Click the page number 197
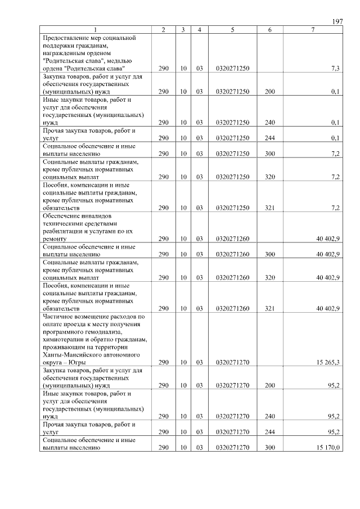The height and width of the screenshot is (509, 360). [x=337, y=21]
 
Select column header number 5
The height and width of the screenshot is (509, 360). [x=232, y=30]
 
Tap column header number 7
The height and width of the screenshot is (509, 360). [x=313, y=30]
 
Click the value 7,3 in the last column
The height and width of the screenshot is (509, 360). [x=335, y=68]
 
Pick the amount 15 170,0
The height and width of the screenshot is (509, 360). [x=328, y=448]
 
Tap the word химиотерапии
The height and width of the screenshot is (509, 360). [x=64, y=340]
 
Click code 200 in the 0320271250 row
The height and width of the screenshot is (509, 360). [x=270, y=91]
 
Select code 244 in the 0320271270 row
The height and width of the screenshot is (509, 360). [x=270, y=433]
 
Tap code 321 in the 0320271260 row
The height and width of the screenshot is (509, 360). [x=270, y=308]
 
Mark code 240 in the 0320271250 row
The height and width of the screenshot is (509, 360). [x=270, y=122]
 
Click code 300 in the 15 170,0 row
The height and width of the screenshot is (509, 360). [x=270, y=448]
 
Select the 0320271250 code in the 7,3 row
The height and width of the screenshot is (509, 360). [x=232, y=68]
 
